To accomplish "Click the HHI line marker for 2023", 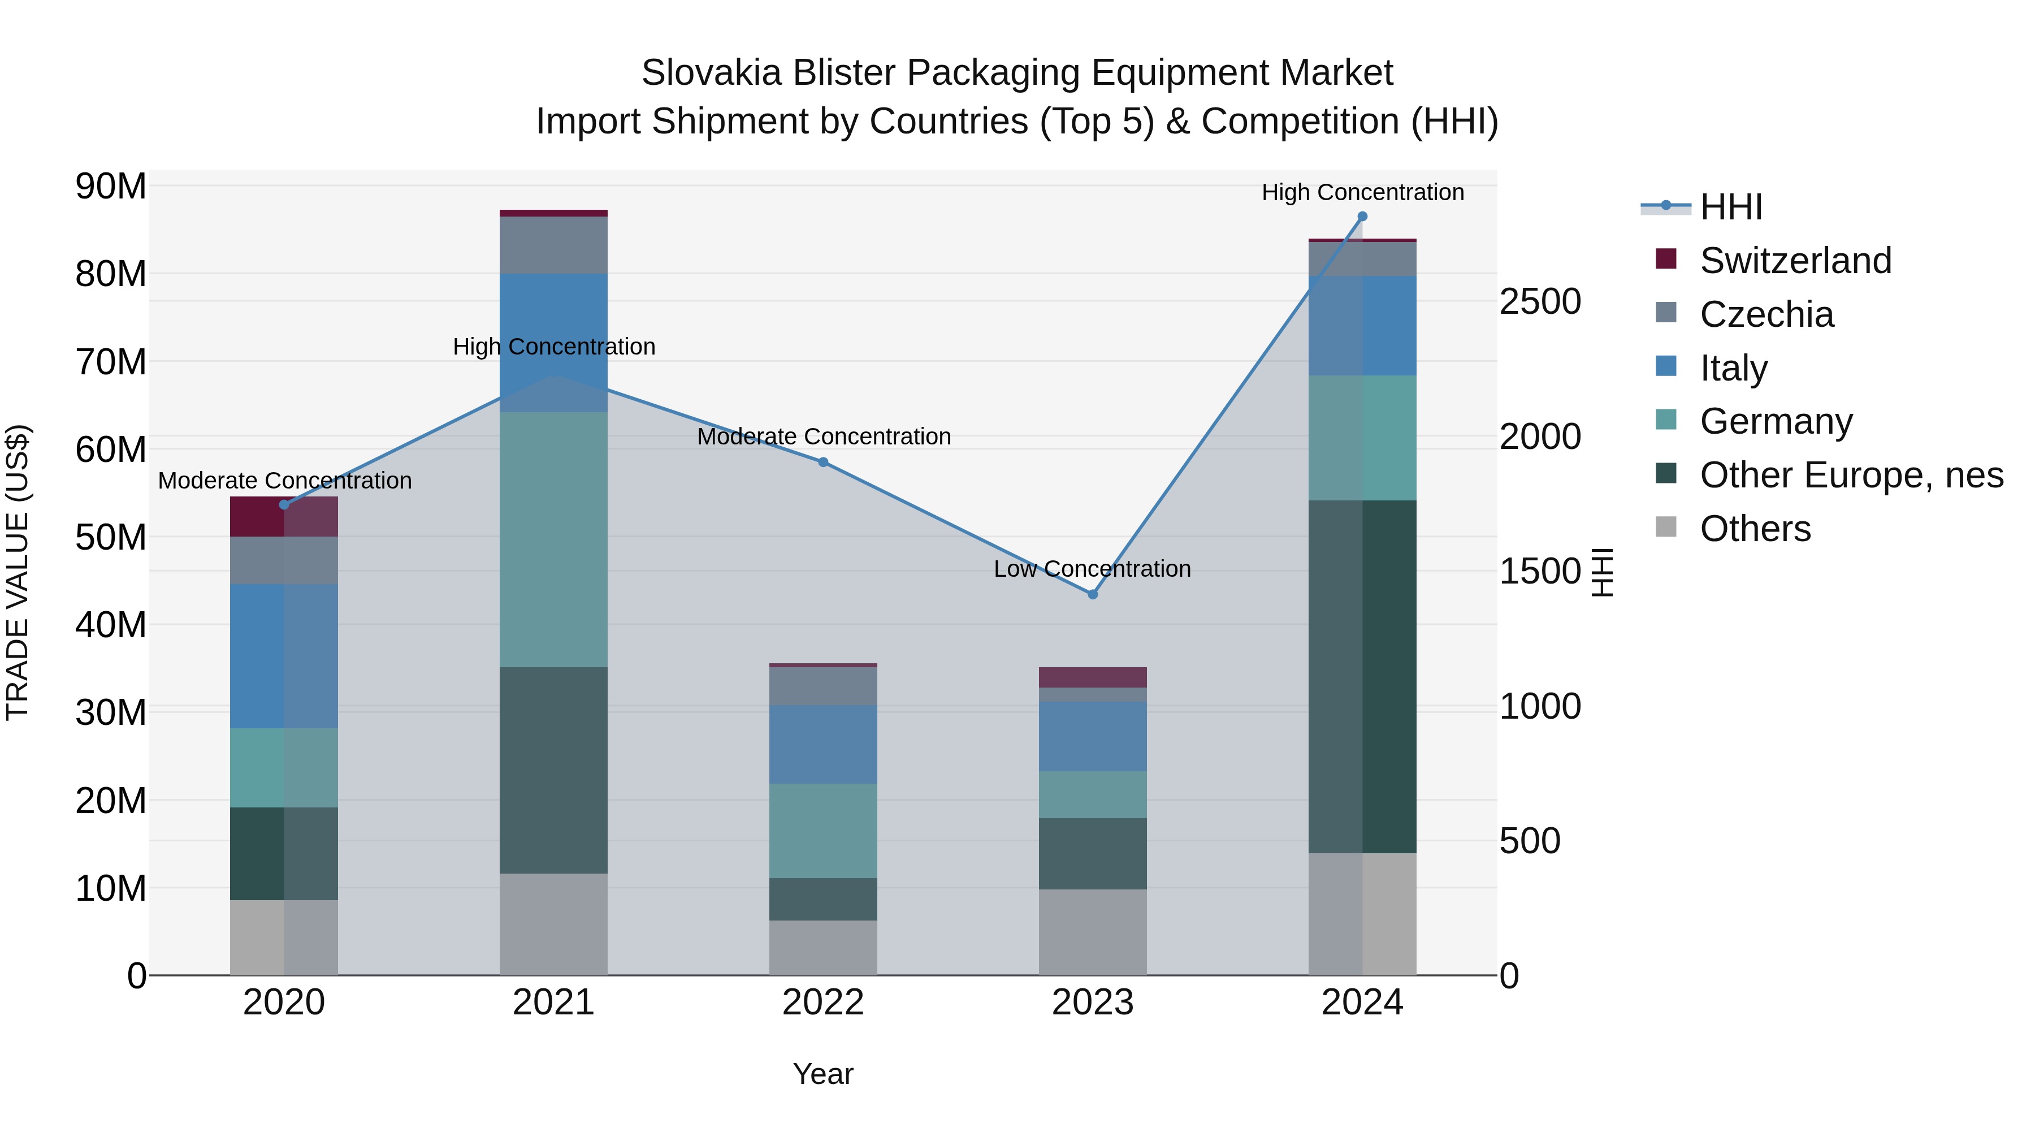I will tap(1093, 594).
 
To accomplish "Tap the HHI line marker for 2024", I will tap(1362, 217).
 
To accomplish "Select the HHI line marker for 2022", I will tap(823, 463).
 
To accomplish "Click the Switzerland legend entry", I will tap(1795, 261).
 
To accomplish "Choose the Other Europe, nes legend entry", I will tap(1851, 475).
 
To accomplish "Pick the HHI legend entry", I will tap(1730, 207).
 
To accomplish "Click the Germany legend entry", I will tap(1776, 421).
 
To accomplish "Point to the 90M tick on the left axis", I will tap(111, 187).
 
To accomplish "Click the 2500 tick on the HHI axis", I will tap(1540, 302).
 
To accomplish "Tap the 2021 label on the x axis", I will tap(553, 1003).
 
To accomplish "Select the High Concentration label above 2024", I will tap(1362, 193).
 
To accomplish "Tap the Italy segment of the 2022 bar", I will tap(823, 744).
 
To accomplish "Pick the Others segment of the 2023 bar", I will tap(1093, 932).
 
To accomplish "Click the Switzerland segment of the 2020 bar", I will tap(284, 517).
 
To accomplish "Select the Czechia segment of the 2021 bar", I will tap(553, 245).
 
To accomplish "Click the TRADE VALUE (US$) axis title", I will tap(18, 572).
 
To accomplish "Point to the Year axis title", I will tap(823, 1074).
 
